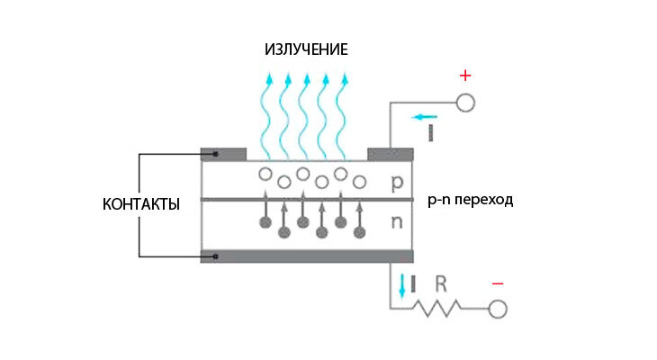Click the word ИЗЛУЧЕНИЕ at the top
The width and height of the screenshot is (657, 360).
[x=306, y=49]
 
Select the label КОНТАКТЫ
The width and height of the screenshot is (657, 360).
[x=141, y=204]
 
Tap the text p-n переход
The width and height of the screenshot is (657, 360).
[x=469, y=200]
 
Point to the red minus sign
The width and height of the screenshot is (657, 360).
[x=498, y=284]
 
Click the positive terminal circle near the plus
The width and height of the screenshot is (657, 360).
[x=464, y=103]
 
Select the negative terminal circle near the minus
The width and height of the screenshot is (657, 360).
[x=497, y=310]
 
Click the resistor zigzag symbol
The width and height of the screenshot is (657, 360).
[x=437, y=309]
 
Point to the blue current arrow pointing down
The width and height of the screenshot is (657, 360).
[x=401, y=286]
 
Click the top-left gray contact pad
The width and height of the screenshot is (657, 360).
[x=222, y=154]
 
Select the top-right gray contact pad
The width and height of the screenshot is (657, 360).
[x=389, y=154]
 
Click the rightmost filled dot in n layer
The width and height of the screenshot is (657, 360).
[x=360, y=232]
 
